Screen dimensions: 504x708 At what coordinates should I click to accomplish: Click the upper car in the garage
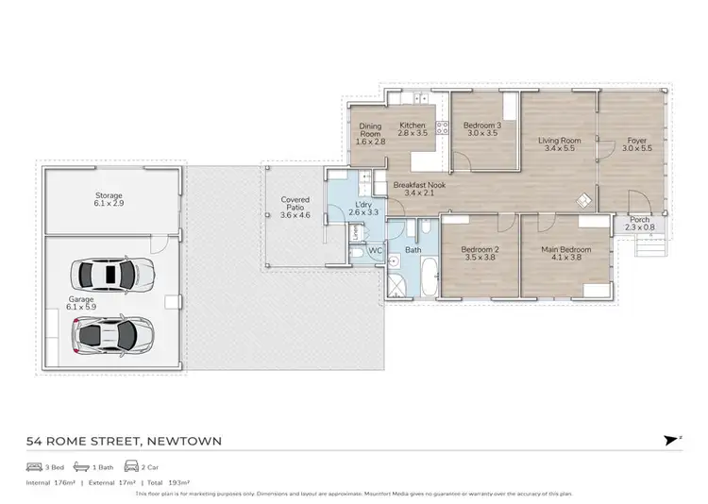coord(111,274)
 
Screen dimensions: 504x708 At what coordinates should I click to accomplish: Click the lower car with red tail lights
coord(111,333)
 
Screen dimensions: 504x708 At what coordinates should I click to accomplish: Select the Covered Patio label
coord(295,200)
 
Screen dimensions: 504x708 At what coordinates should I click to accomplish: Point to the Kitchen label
coord(413,126)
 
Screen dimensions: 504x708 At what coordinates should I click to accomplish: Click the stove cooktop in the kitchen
coord(441,127)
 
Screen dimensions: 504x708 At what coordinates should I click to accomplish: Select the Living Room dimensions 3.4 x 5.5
coord(560,148)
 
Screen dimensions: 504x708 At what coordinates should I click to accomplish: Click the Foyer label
coord(637,141)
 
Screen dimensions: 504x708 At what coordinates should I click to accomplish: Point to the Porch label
coord(639,220)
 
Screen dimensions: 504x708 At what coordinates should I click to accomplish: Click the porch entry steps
coord(649,246)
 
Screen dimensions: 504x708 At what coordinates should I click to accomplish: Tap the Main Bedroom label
coord(566,249)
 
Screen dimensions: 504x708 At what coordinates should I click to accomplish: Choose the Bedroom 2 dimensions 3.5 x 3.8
coord(479,258)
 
